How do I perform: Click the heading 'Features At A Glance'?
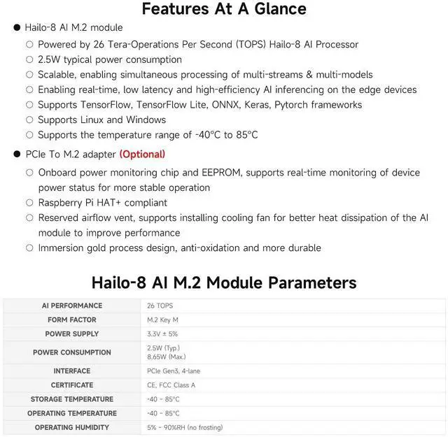(x=224, y=9)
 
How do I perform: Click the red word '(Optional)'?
(x=142, y=154)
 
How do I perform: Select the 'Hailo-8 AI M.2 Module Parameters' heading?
(x=224, y=282)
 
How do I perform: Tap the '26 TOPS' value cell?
(x=160, y=306)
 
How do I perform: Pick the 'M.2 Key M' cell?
(x=162, y=320)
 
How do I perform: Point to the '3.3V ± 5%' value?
(x=162, y=334)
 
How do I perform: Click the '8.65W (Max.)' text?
(x=166, y=357)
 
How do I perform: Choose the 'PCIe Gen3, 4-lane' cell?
(x=174, y=371)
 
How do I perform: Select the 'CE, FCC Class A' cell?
(x=171, y=385)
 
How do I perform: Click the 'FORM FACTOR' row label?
(x=72, y=320)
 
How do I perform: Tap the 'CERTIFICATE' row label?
(x=72, y=385)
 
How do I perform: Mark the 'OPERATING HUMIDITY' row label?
(x=72, y=427)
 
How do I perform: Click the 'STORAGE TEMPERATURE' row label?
(x=72, y=399)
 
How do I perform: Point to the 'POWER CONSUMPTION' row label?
(x=72, y=352)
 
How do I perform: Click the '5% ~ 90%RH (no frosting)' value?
(x=185, y=427)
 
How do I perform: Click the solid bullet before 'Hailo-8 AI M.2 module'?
(x=17, y=28)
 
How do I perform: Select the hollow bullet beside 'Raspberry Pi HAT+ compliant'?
(x=29, y=203)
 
